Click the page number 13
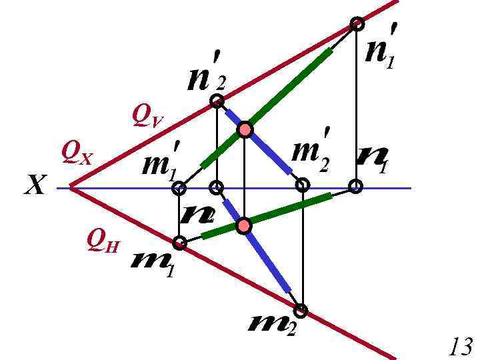point(461,347)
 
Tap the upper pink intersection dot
point(245,129)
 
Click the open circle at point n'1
point(357,24)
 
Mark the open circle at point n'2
point(217,101)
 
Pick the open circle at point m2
point(301,310)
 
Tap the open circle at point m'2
point(303,185)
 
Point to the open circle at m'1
point(179,189)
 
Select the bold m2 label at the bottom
point(270,327)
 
